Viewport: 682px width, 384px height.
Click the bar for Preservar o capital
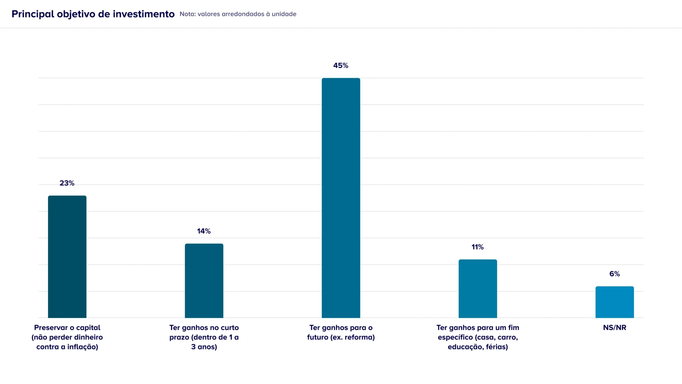pyautogui.click(x=67, y=257)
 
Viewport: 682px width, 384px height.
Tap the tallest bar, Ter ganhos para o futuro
pyautogui.click(x=341, y=198)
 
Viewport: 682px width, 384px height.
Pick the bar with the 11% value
pyautogui.click(x=478, y=288)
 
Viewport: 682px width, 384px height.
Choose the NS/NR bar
pyautogui.click(x=614, y=302)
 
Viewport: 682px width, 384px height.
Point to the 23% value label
pyautogui.click(x=67, y=183)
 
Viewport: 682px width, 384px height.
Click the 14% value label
pyautogui.click(x=204, y=231)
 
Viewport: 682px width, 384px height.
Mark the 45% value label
pyautogui.click(x=341, y=66)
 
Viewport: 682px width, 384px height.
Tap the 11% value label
pyautogui.click(x=478, y=247)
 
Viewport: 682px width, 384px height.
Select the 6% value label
pyautogui.click(x=614, y=274)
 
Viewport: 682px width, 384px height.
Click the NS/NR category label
pyautogui.click(x=614, y=327)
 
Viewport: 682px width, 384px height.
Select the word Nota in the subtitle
pyautogui.click(x=187, y=14)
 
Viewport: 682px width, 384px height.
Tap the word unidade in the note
pyautogui.click(x=284, y=14)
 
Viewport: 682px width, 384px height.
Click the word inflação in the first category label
pyautogui.click(x=82, y=347)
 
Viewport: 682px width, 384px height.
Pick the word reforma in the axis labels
pyautogui.click(x=359, y=337)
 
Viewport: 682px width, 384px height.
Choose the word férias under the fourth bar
pyautogui.click(x=497, y=347)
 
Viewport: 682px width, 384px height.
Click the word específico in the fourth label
pyautogui.click(x=456, y=337)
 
